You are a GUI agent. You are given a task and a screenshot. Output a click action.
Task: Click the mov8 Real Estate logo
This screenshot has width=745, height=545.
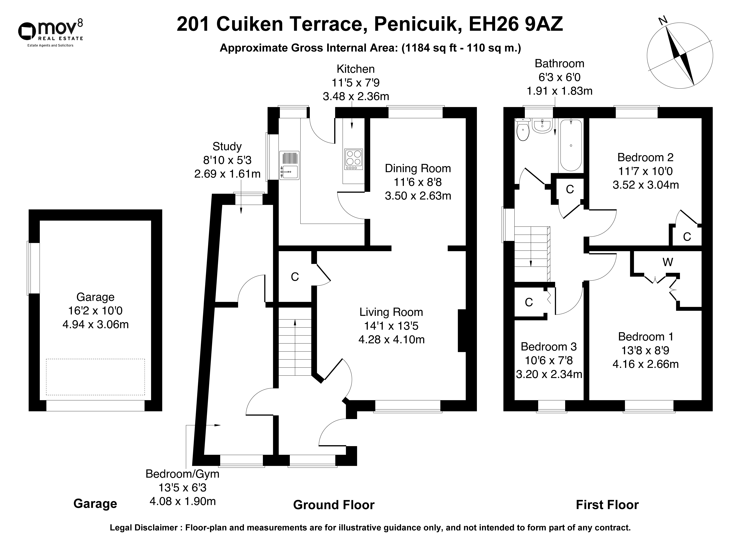[x=50, y=33]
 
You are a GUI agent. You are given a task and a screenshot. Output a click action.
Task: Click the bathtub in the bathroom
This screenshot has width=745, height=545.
[x=571, y=145]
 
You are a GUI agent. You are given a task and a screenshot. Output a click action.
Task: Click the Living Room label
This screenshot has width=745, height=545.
[x=391, y=312]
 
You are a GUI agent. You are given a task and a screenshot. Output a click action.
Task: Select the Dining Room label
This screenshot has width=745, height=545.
[x=418, y=169]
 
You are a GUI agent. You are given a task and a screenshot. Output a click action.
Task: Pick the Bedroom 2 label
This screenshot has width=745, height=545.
[x=645, y=157]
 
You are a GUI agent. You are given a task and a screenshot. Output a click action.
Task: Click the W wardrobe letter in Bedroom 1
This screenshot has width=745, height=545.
[x=668, y=262]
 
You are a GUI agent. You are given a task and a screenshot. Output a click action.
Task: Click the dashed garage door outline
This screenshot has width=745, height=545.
[x=95, y=377]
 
